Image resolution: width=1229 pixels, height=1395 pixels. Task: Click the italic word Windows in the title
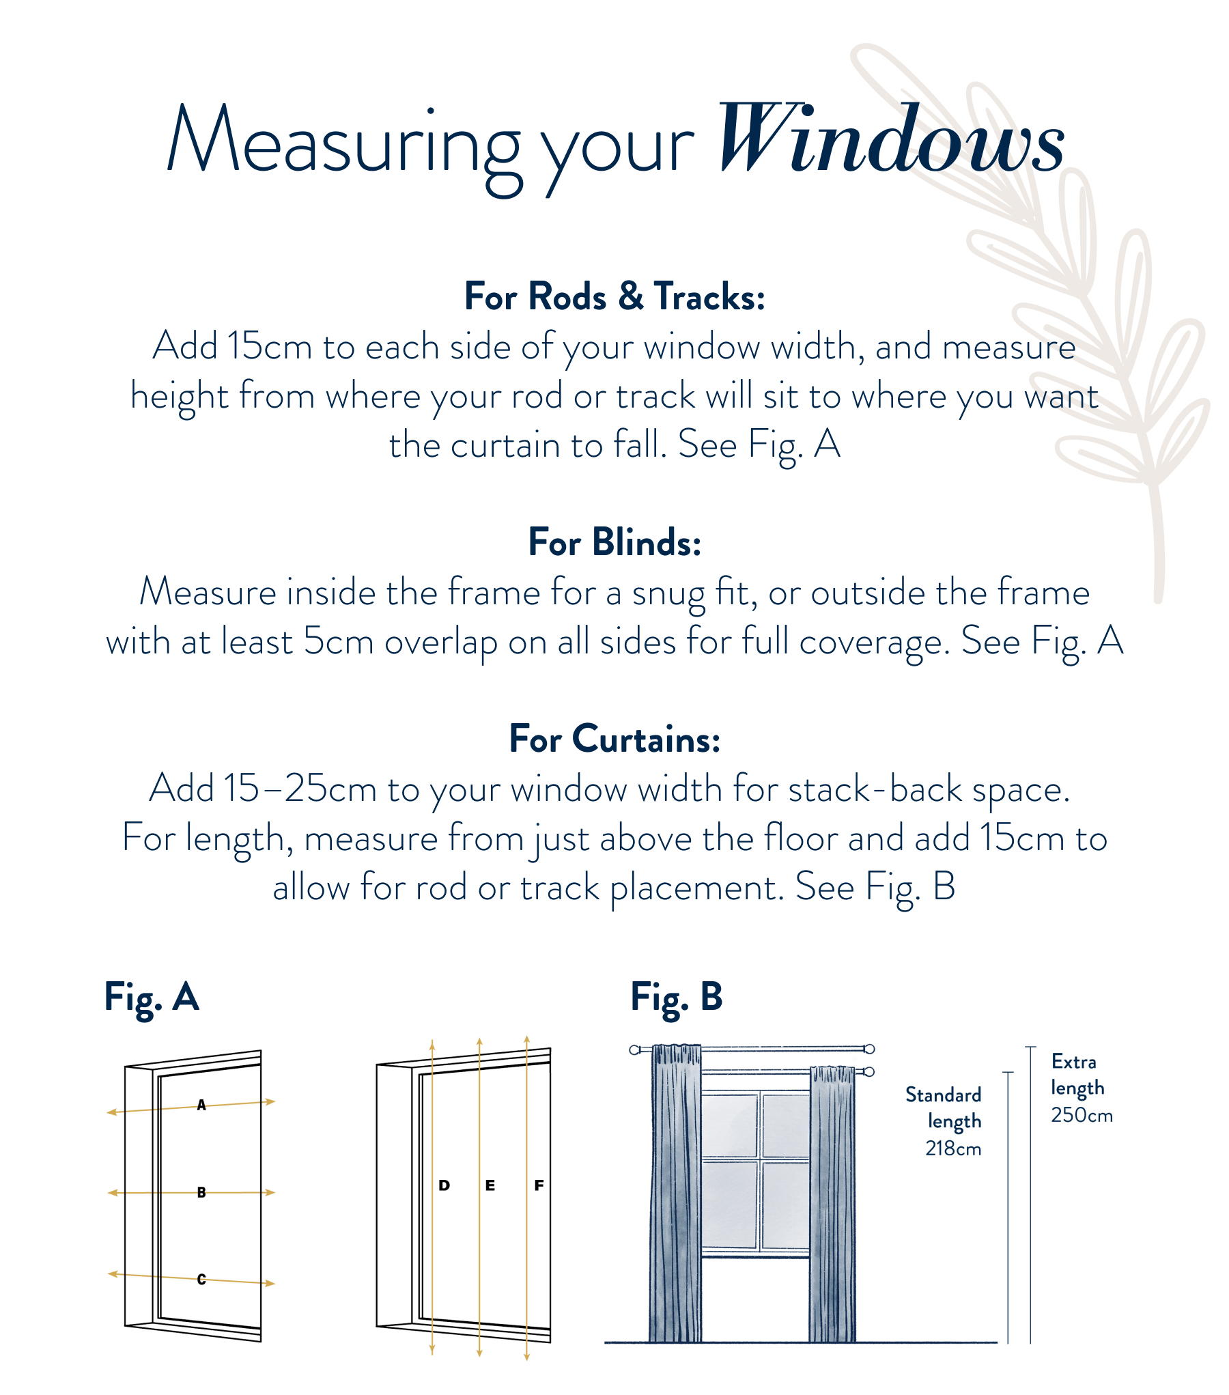click(x=891, y=140)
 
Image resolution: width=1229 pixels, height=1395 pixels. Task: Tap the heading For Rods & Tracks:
click(x=614, y=297)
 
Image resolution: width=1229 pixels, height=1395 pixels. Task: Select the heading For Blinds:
click(x=614, y=543)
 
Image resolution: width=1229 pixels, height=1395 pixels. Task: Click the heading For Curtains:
click(x=614, y=739)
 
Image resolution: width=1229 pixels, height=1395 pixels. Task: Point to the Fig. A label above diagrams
click(x=152, y=998)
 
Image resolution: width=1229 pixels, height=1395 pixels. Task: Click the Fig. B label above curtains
click(x=676, y=998)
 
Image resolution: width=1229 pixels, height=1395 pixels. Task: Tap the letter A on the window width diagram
click(x=201, y=1105)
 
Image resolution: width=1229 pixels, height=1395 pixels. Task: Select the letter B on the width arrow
click(x=201, y=1193)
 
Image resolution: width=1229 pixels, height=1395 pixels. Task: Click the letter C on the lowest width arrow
click(x=201, y=1280)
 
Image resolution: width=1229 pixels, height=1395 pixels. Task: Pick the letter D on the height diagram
click(x=444, y=1185)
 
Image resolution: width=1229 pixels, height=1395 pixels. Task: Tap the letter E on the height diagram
click(x=490, y=1185)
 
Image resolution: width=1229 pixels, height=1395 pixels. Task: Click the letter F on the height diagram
click(x=539, y=1185)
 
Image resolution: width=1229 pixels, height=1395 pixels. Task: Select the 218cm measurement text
click(x=953, y=1149)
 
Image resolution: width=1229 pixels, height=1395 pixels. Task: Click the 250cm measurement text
click(x=1082, y=1115)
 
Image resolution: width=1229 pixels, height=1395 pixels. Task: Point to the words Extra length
click(x=1076, y=1075)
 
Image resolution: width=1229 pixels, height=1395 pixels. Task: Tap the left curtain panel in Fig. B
click(x=675, y=1195)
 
